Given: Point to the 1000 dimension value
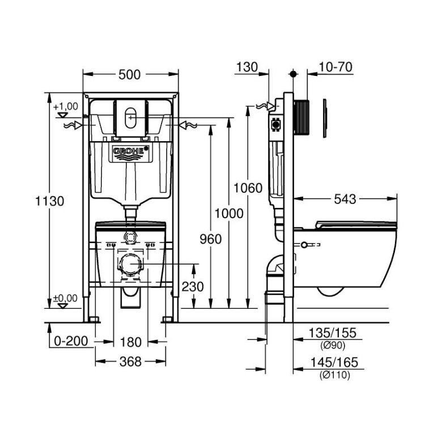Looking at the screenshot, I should coord(229,213).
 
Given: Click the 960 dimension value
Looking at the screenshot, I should coord(210,240).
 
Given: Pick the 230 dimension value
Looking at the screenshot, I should coord(193,287).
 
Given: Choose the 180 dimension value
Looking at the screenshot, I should coord(130,342).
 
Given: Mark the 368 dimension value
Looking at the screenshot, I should coord(130,361).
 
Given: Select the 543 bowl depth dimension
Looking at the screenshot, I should coord(345,199).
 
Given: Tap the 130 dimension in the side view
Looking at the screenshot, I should coord(246,67).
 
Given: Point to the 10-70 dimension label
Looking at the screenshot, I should coord(335,67).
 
